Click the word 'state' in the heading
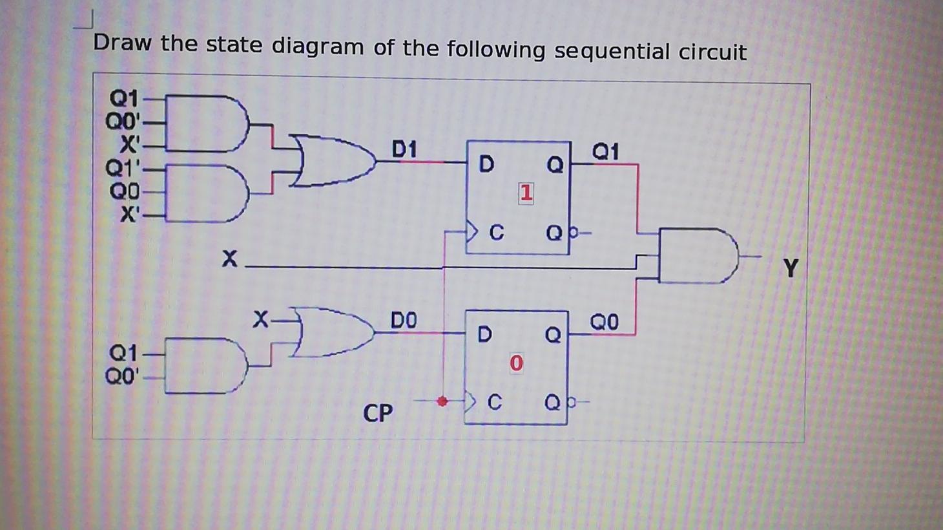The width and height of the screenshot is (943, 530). coord(234,45)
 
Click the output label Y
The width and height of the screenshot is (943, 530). coord(791,267)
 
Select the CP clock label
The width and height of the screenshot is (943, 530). coord(378,412)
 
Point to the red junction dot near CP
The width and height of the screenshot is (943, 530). coord(442,401)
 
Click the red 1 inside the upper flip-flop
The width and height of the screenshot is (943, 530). coord(526,193)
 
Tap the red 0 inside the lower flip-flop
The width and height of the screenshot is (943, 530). coord(515,363)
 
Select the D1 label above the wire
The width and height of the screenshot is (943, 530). coord(404,149)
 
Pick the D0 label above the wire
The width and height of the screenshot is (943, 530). coord(404,320)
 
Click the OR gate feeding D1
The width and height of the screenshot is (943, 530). coord(333,160)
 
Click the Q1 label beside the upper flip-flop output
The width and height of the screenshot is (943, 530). coord(605,151)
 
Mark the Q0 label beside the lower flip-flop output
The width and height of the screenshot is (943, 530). coord(604,321)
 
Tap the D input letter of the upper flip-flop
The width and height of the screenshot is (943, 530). coord(486,164)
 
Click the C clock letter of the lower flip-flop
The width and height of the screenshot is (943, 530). coord(494,403)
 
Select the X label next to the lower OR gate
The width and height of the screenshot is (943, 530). coord(260,319)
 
